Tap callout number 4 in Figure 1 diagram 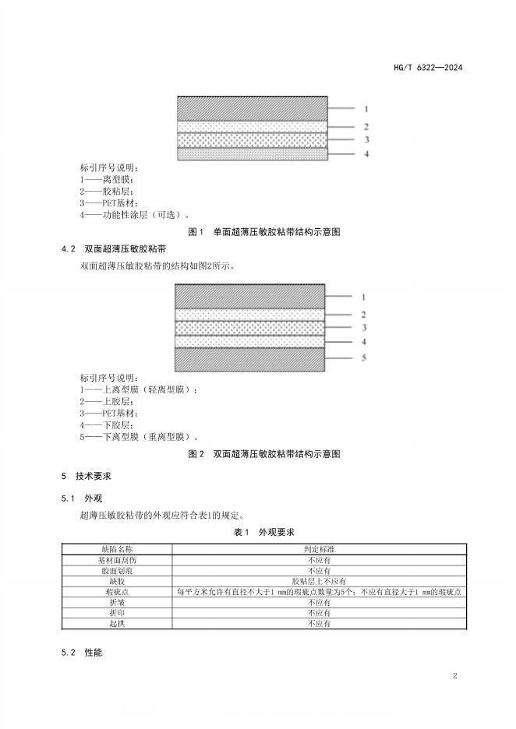(366, 155)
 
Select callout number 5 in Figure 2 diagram (363, 358)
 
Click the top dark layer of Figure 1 (253, 108)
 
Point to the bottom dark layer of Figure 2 (249, 360)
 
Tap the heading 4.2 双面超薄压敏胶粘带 (113, 249)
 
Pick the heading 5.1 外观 (82, 498)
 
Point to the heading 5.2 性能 (82, 651)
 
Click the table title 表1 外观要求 (263, 532)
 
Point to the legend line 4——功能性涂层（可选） (134, 215)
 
